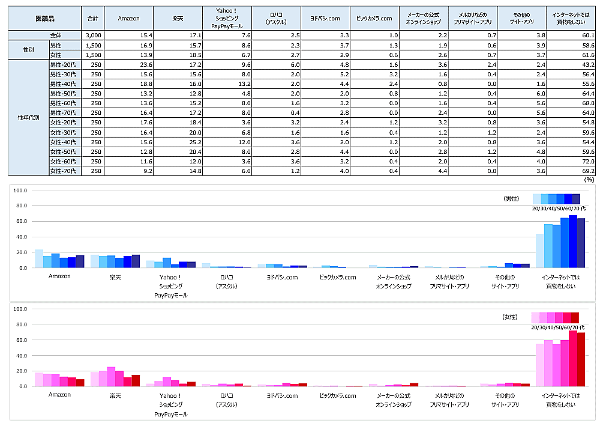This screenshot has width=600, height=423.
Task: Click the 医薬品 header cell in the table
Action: [x=44, y=18]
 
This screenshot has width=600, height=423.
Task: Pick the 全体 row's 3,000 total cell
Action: [x=93, y=36]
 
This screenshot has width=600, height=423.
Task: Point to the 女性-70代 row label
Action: [x=64, y=171]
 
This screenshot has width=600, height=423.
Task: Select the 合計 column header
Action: [x=93, y=18]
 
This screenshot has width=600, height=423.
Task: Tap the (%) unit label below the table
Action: [x=589, y=179]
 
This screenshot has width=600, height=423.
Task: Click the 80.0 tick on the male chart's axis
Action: [x=20, y=206]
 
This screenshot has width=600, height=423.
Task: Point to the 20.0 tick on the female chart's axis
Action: [x=20, y=371]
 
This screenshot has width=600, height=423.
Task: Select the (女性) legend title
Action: [x=512, y=316]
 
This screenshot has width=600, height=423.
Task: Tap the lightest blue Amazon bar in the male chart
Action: [x=39, y=258]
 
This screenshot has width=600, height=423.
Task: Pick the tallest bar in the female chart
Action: [x=572, y=359]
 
